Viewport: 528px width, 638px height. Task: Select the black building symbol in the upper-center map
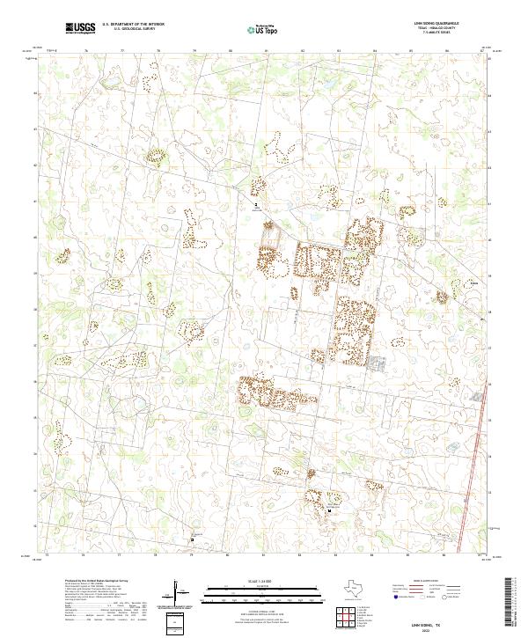256,203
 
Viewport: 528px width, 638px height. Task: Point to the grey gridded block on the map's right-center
378,363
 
